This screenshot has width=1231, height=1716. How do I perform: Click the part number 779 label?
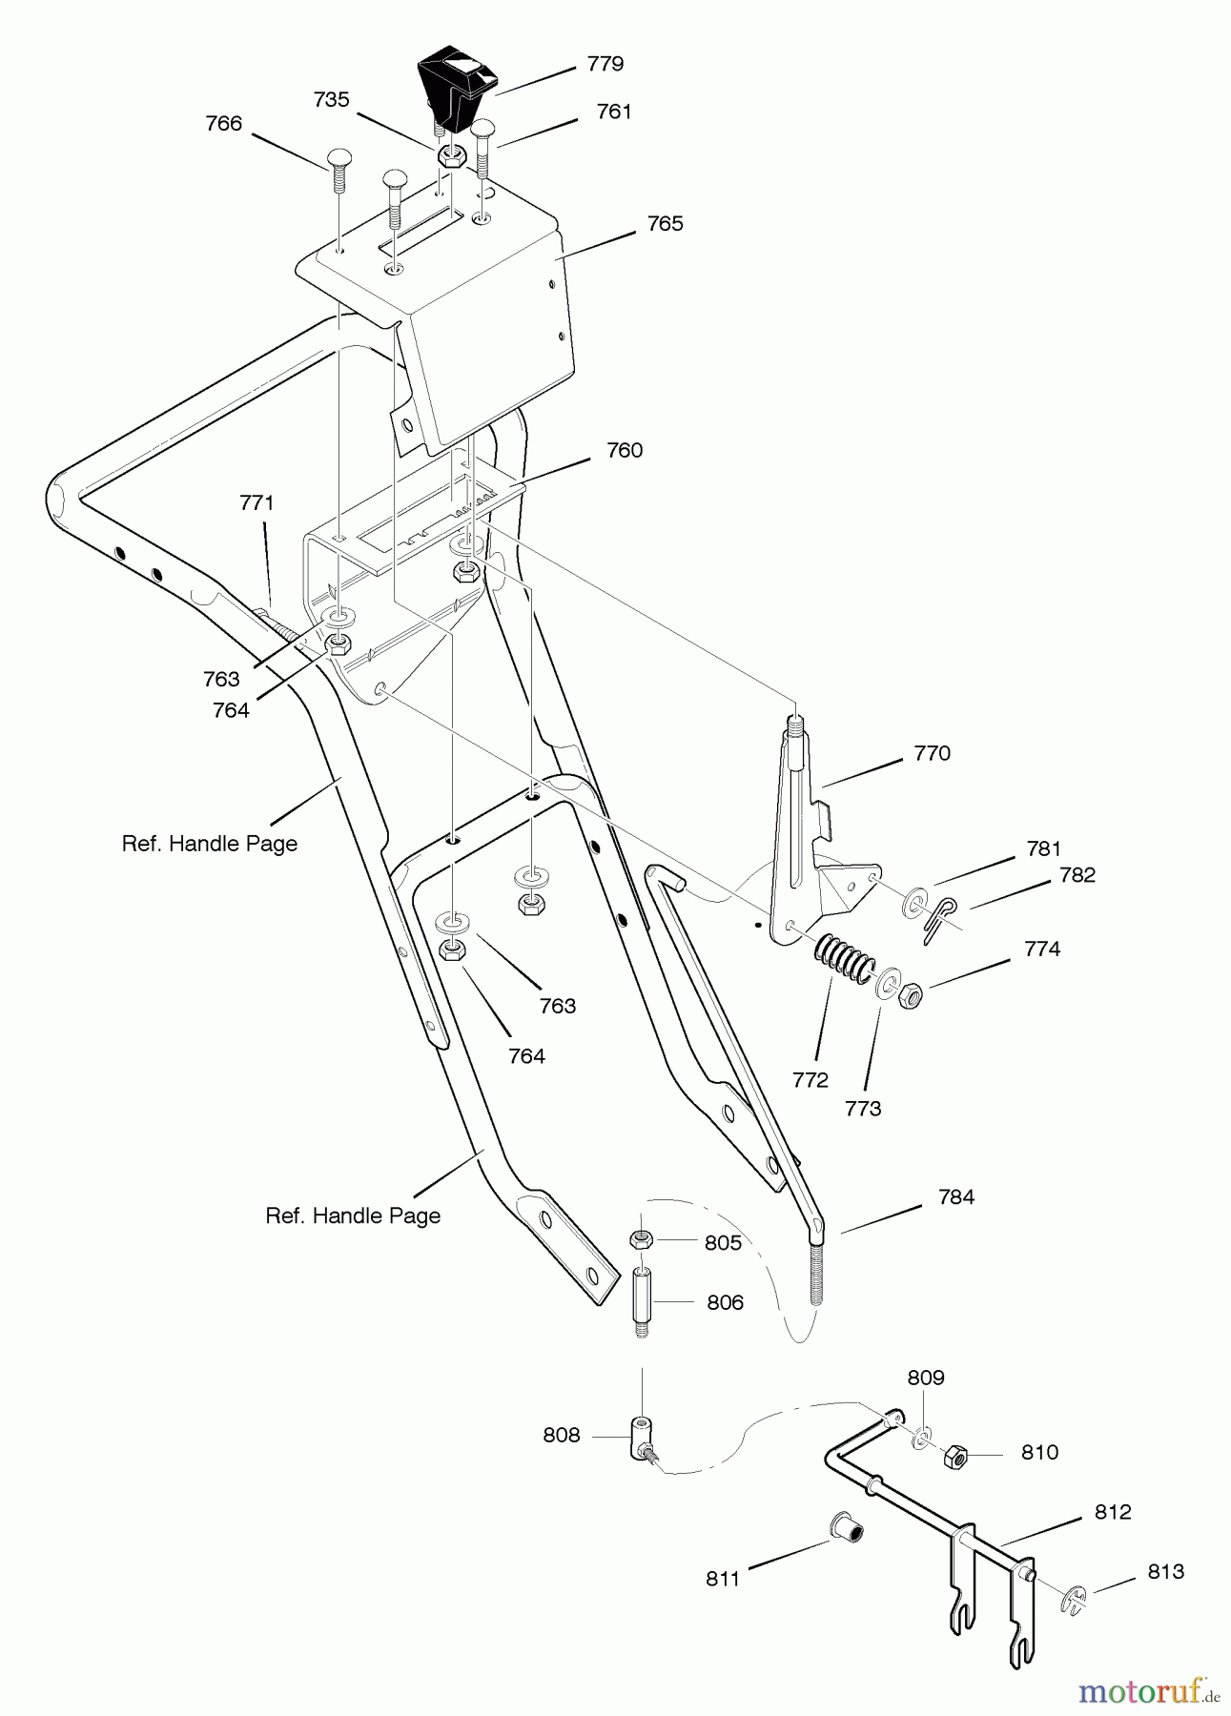point(605,64)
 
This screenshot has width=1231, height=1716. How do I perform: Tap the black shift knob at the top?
point(458,91)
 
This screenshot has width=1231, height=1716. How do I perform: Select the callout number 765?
point(665,223)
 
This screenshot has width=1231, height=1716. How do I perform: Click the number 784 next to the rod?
point(955,1196)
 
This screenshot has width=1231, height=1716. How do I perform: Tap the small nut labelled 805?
point(641,1240)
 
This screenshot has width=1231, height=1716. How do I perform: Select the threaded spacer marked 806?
point(642,1302)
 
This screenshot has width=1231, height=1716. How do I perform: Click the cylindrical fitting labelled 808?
point(640,1435)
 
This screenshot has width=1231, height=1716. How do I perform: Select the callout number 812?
point(1112,1511)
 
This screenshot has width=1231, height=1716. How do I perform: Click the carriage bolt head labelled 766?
point(340,158)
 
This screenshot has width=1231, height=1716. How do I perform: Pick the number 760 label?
point(625,450)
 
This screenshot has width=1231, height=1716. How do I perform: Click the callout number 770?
point(932,753)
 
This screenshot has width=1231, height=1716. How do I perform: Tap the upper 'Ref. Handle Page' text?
point(210,844)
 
